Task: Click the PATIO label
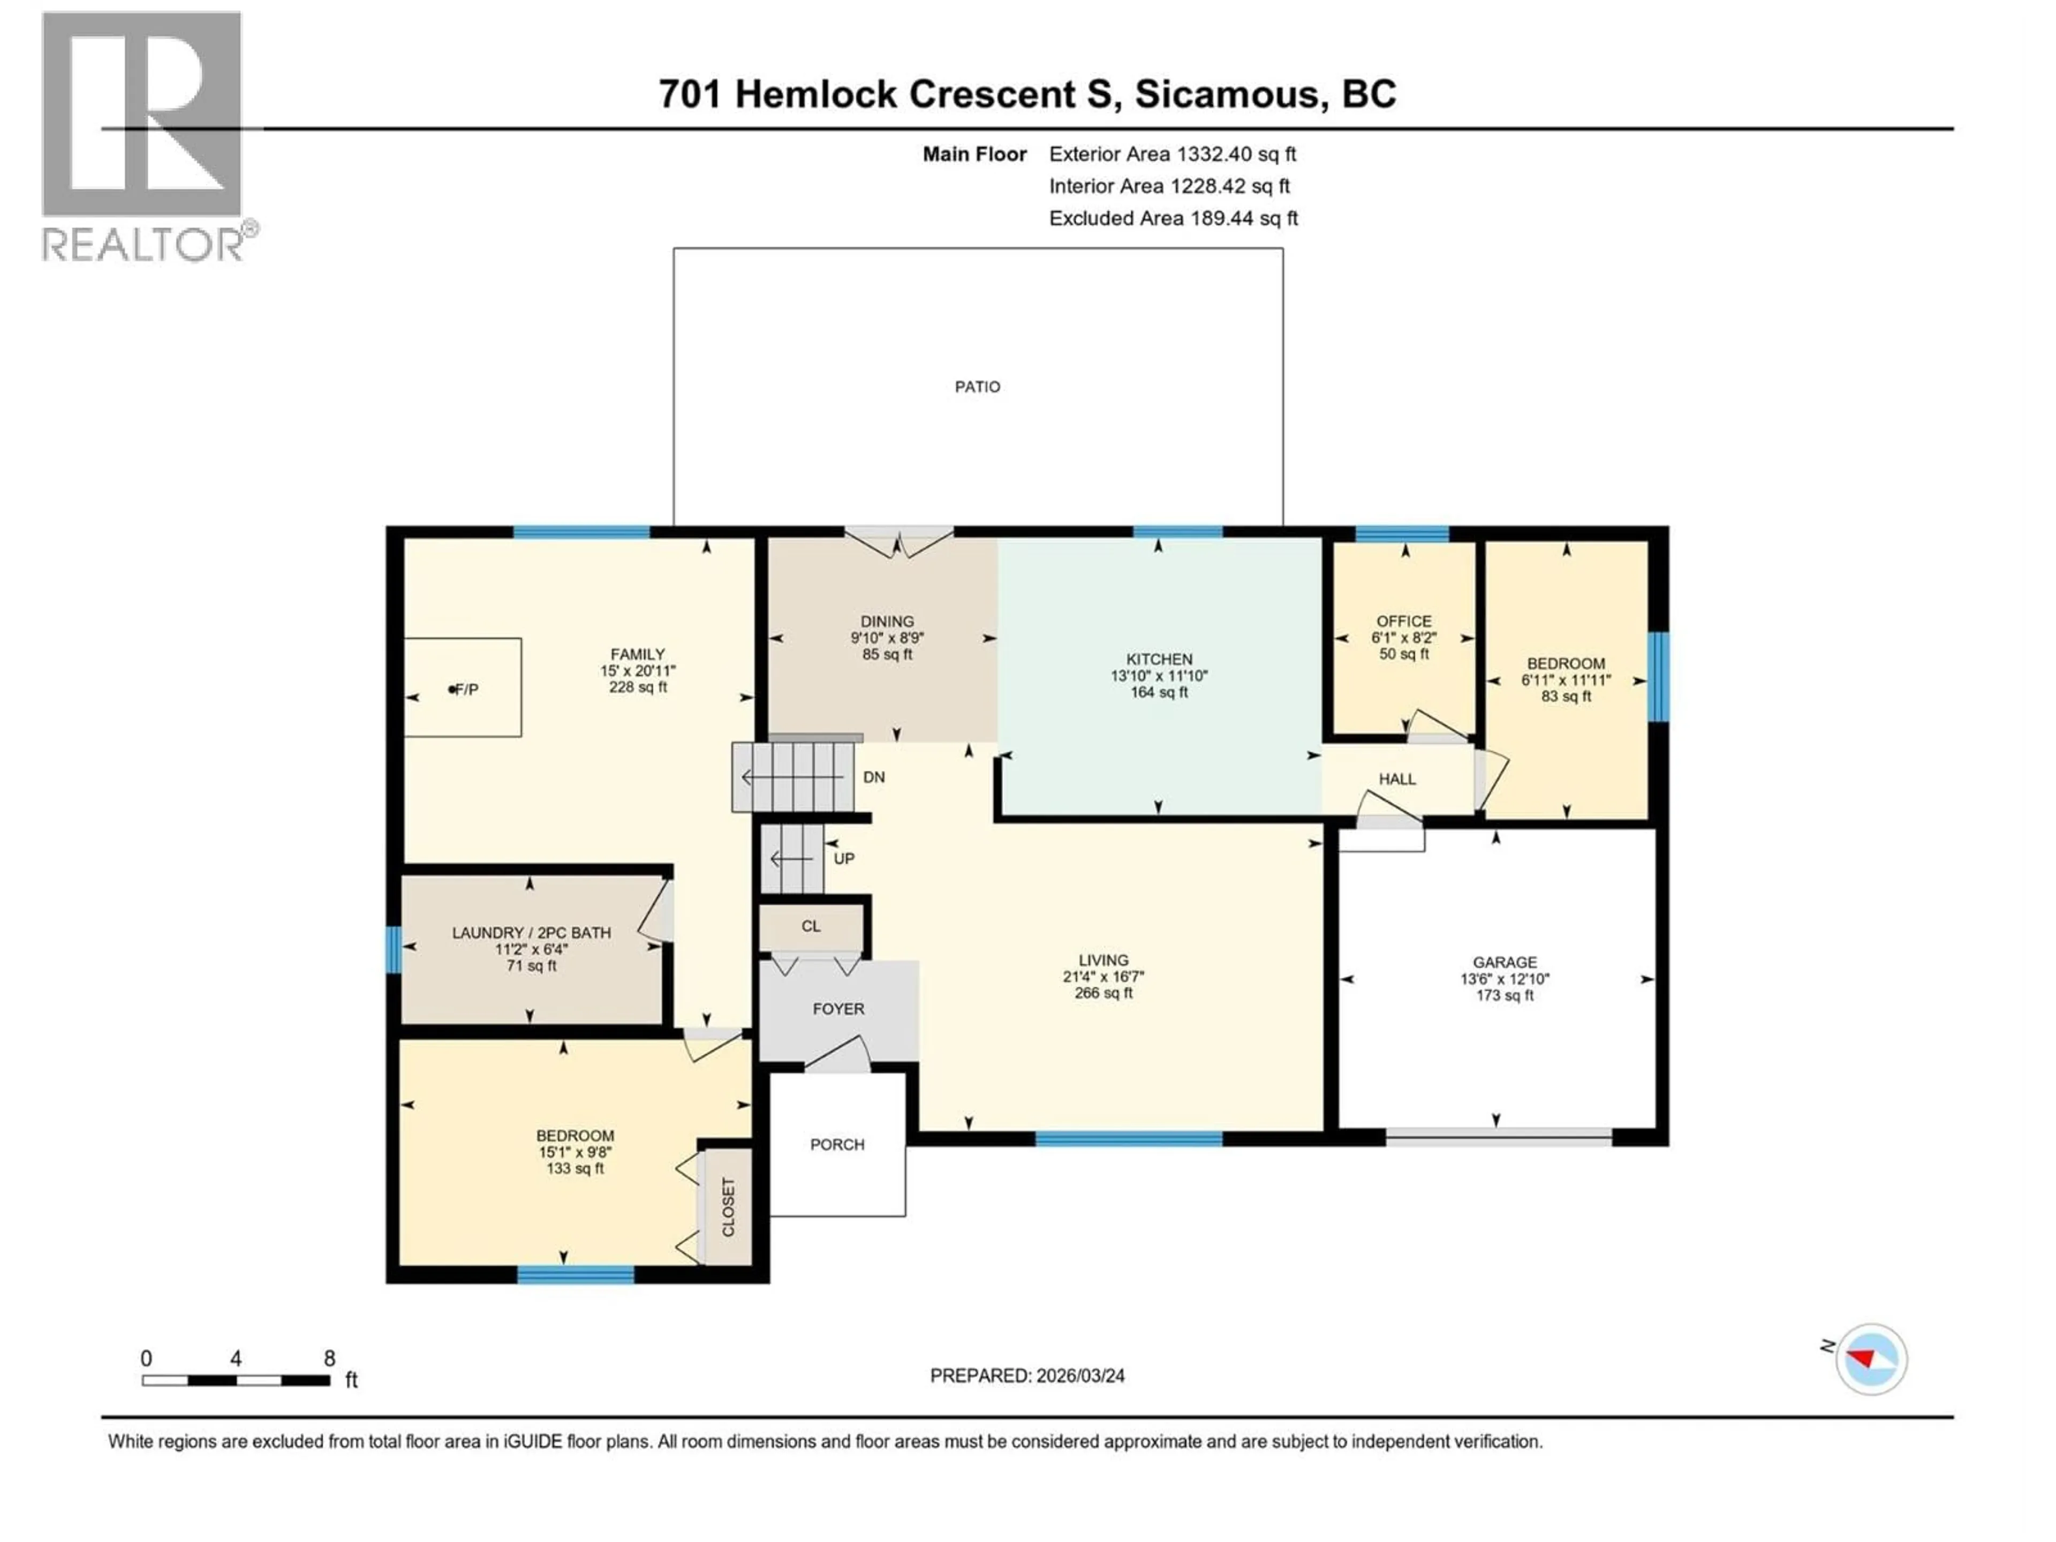tap(977, 387)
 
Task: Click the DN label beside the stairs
tap(874, 777)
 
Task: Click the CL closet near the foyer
tap(811, 927)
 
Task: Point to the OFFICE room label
tap(1403, 621)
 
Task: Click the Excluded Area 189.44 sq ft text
tap(1173, 218)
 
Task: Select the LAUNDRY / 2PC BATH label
tap(531, 932)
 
